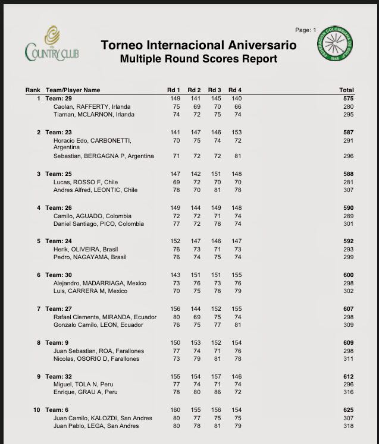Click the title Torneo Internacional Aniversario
coord(198,46)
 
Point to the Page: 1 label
coord(306,30)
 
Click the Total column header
coord(346,90)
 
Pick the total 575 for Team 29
coord(347,98)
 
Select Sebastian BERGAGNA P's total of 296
coord(348,156)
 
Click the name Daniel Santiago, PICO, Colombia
coord(98,224)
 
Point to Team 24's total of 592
coord(347,241)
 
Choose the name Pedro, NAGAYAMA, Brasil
coord(89,258)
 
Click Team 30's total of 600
coord(347,275)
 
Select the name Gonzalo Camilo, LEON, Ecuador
coord(98,325)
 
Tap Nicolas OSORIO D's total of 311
coord(348,359)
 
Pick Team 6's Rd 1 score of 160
coord(175,410)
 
